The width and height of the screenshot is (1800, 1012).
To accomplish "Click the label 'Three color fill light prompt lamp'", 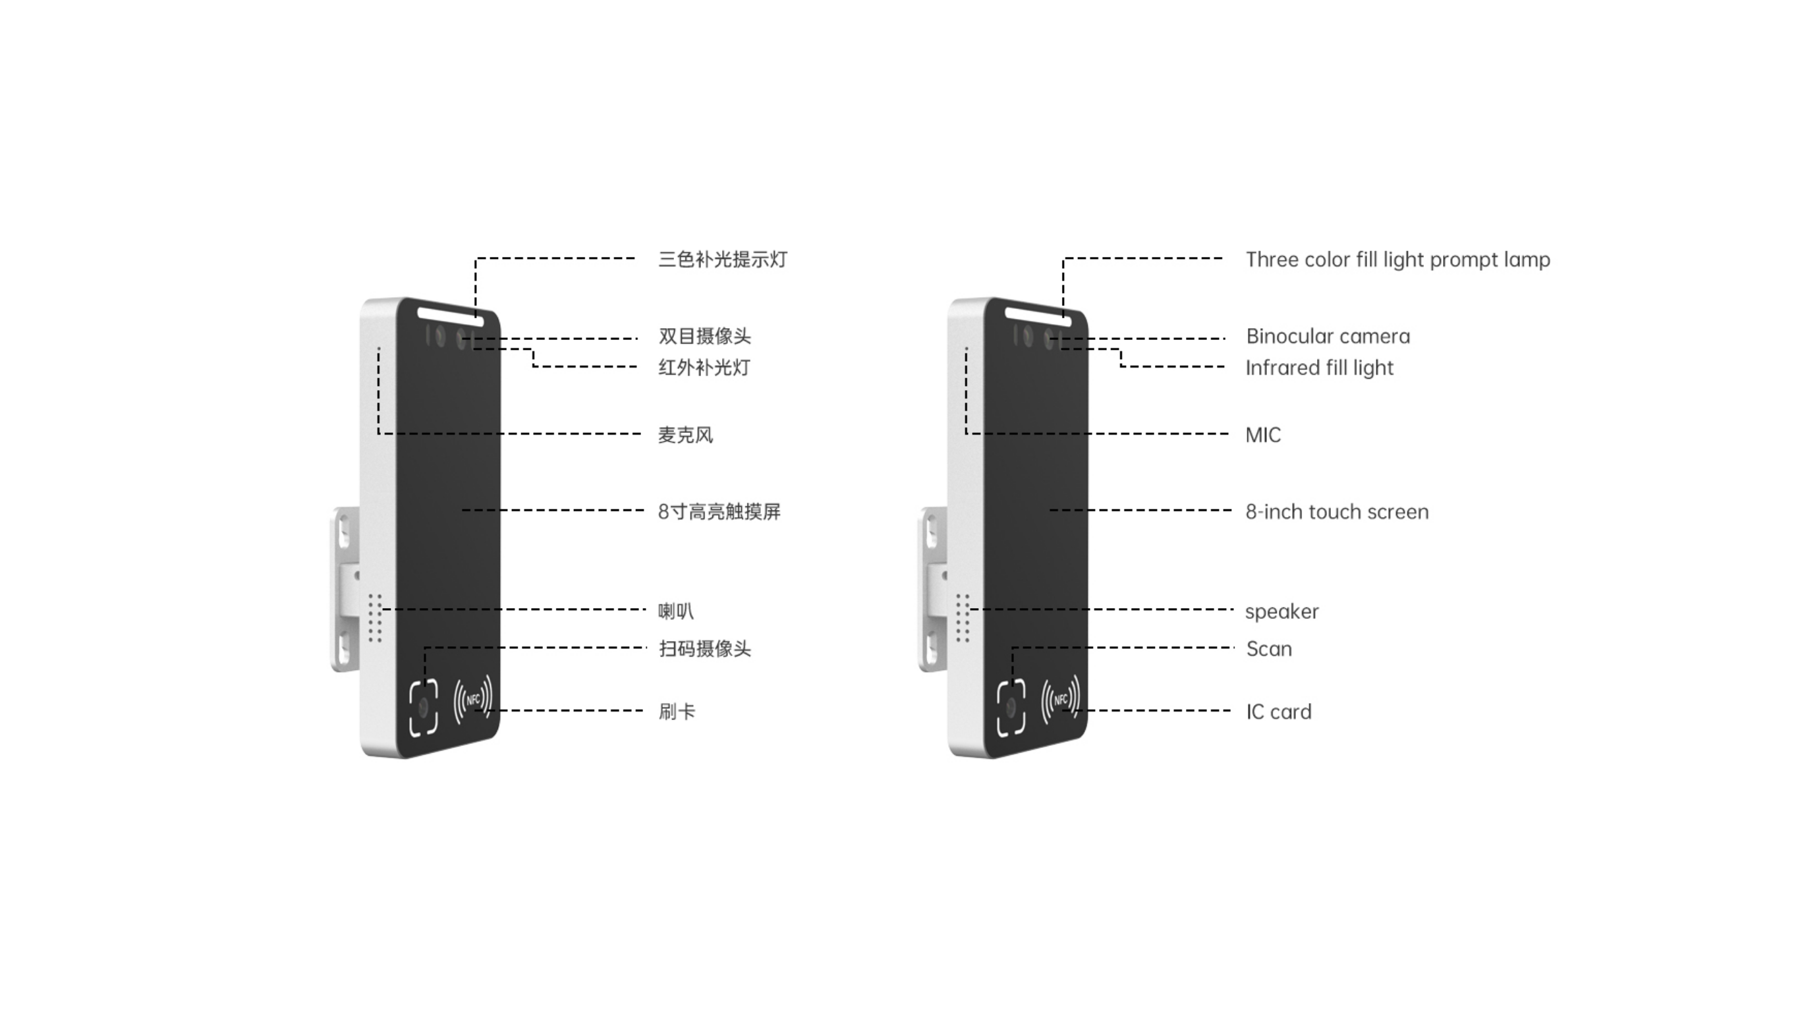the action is [1397, 260].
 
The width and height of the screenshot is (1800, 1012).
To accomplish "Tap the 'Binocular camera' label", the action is [1328, 336].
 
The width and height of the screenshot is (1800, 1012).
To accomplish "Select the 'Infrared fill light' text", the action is [1319, 368].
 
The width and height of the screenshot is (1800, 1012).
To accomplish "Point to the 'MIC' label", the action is [1263, 435].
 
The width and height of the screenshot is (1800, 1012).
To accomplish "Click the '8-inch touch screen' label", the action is [1337, 511].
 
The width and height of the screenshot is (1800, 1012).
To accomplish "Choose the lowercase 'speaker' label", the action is [1281, 611].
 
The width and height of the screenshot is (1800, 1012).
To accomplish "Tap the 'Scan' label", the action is [1269, 648].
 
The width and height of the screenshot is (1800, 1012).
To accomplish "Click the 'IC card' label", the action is [1279, 712].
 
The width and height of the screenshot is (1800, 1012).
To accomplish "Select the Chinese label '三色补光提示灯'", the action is [723, 260].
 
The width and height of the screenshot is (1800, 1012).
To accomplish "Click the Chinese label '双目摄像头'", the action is [704, 336].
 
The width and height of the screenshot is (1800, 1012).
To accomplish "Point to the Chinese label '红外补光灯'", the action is [704, 368].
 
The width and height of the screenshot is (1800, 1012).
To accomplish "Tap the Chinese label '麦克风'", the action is [685, 435].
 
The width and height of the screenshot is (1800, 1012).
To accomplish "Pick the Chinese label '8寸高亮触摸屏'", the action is [719, 511].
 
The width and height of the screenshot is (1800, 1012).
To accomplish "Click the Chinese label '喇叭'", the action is [676, 611].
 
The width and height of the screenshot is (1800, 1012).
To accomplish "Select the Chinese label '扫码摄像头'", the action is [704, 648].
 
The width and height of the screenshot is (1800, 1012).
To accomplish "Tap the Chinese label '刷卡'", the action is [677, 712].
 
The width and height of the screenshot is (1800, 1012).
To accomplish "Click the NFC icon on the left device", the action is [473, 699].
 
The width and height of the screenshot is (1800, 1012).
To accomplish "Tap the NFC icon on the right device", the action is [1061, 699].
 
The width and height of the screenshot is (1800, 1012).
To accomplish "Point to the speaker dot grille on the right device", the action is [963, 618].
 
